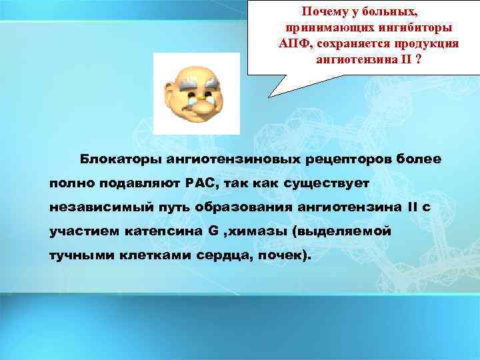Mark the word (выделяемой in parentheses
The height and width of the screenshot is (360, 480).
(x=347, y=231)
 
